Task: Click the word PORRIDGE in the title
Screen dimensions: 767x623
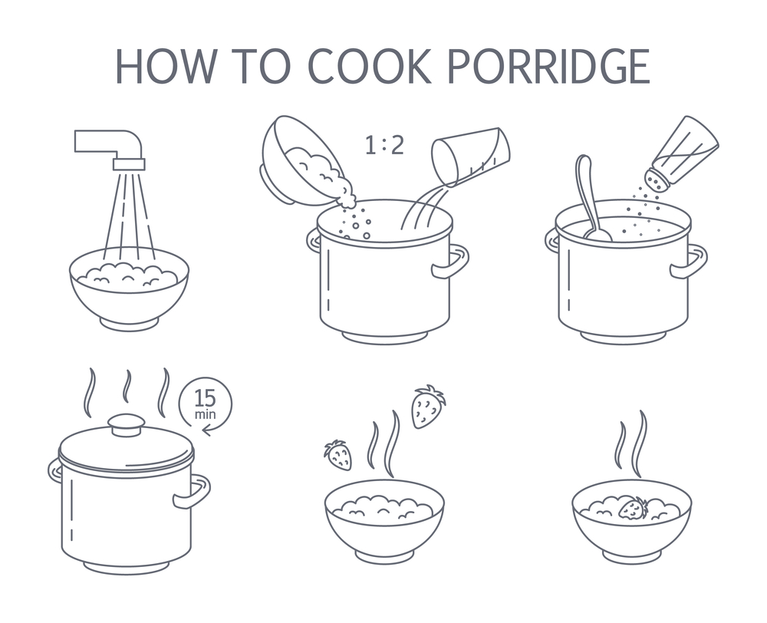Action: [548, 65]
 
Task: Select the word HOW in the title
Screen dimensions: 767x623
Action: [166, 65]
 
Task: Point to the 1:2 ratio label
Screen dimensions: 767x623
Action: [385, 145]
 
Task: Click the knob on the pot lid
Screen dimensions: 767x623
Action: [127, 424]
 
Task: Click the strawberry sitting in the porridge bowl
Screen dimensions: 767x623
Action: [634, 508]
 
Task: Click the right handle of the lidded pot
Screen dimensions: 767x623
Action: [193, 491]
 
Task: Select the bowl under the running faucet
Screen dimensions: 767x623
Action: [129, 288]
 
